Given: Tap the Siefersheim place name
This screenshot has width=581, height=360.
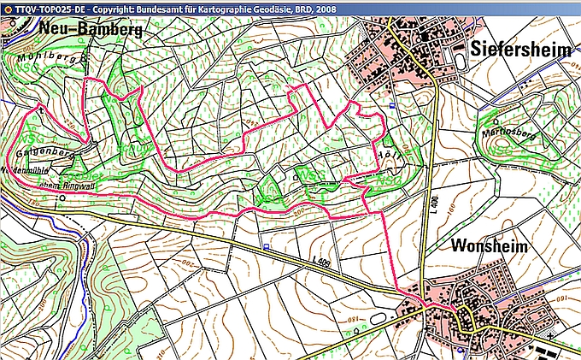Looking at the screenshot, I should click(520, 50).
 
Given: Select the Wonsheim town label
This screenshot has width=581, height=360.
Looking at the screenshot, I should click(490, 245).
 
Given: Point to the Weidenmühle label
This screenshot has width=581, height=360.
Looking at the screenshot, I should click(24, 169).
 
